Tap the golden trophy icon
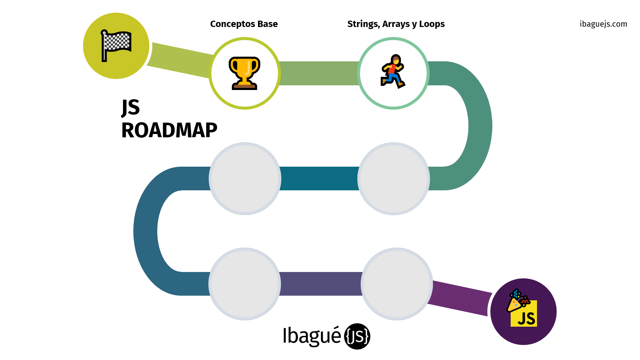pos(244,73)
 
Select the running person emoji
pos(393,72)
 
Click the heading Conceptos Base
pos(244,24)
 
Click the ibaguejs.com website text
pos(603,24)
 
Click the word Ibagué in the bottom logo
pos(312,336)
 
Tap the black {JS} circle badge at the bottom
pos(357,336)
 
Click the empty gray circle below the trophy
pos(245,179)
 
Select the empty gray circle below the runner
pos(393,179)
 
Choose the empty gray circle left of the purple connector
pos(397,284)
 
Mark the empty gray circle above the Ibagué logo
pos(245,284)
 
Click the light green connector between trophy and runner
pos(319,73)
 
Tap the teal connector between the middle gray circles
pos(319,179)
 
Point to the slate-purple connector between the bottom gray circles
pos(321,284)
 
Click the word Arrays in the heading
pos(396,24)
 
